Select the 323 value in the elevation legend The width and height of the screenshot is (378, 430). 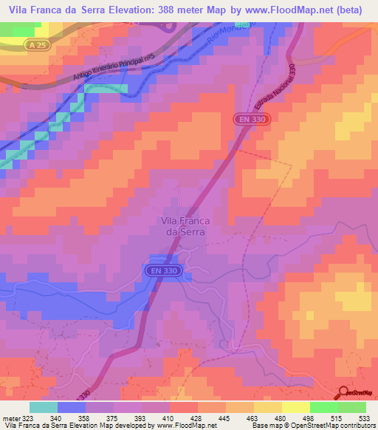28,418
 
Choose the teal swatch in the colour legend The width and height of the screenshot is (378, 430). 44,407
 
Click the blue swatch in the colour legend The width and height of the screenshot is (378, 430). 72,407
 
